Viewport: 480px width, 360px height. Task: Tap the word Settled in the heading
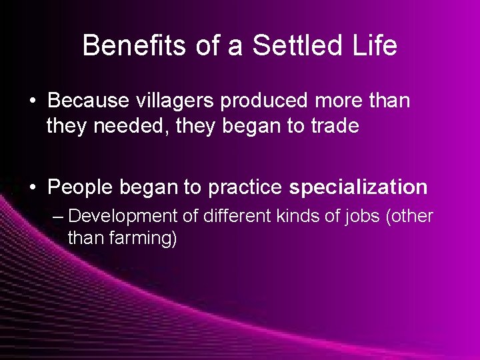[279, 46]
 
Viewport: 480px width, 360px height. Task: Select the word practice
[245, 187]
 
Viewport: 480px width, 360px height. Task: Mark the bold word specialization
[358, 187]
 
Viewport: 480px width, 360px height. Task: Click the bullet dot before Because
[33, 101]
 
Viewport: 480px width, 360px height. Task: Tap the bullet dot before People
[33, 188]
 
